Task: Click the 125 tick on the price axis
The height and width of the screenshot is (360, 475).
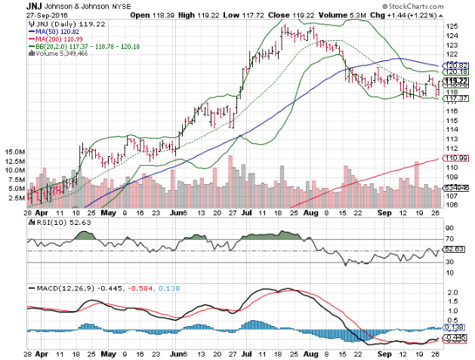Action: pos(451,26)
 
